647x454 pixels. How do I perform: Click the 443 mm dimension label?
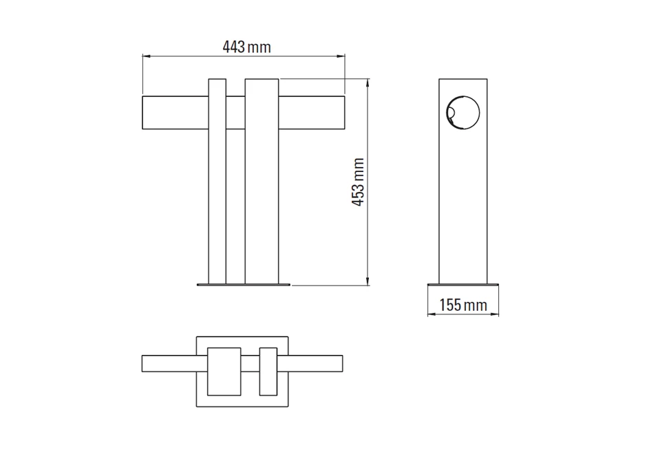[x=246, y=47]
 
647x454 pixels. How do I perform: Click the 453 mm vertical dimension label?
[x=358, y=182]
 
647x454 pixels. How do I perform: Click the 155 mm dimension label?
[x=463, y=305]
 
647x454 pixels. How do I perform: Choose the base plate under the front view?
[x=244, y=283]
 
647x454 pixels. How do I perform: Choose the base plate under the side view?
[x=463, y=283]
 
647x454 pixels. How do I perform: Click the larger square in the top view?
[x=224, y=371]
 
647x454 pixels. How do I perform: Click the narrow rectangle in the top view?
[x=268, y=371]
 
